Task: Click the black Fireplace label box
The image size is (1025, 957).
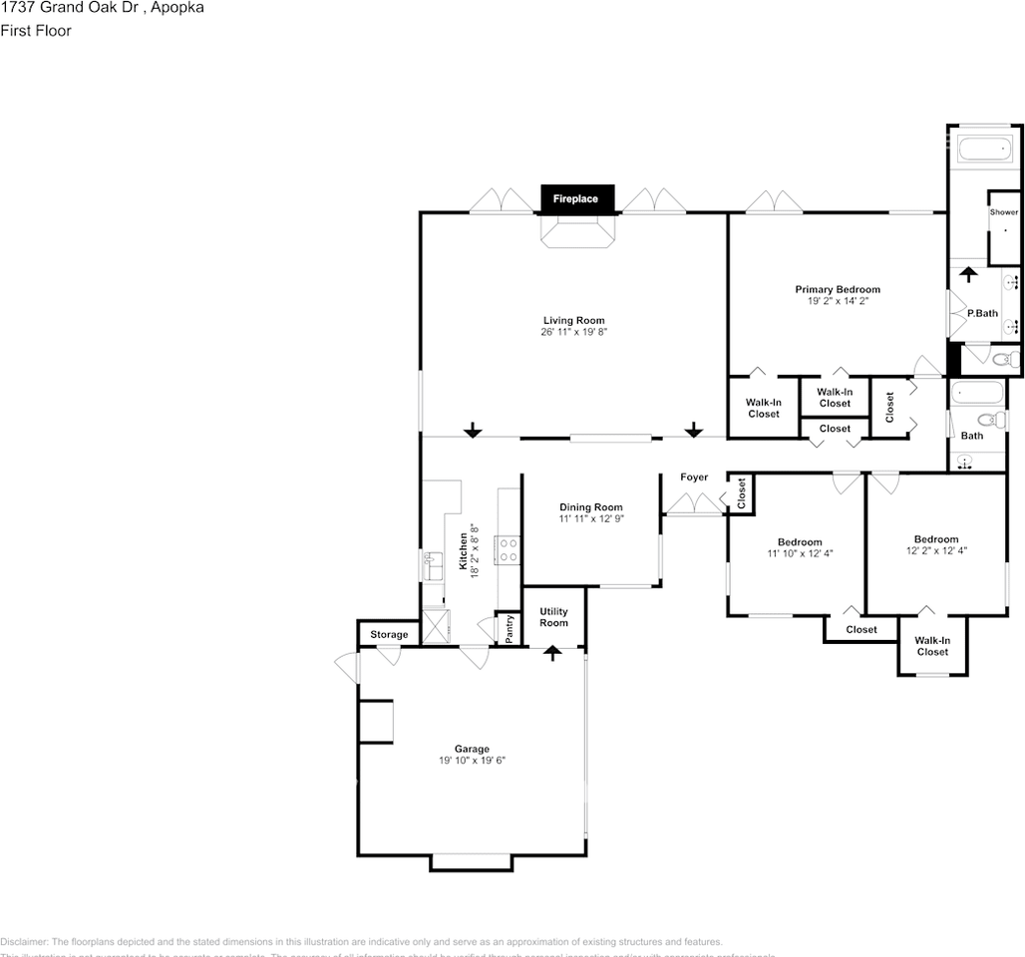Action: (x=576, y=199)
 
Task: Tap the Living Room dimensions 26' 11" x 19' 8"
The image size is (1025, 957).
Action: (x=574, y=333)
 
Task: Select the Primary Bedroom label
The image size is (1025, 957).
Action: (x=838, y=290)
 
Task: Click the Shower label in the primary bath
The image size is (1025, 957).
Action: (x=1003, y=212)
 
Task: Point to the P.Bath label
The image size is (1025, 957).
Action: (x=982, y=313)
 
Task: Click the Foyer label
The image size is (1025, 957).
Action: (x=694, y=478)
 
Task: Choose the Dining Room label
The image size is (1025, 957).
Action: (x=590, y=507)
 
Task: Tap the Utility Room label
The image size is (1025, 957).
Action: (x=553, y=617)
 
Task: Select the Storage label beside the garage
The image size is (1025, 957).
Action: (x=389, y=635)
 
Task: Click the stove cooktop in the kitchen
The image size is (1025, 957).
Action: (x=508, y=549)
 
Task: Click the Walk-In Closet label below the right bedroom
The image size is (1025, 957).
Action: (x=932, y=646)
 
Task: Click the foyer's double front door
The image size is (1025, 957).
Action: (x=694, y=504)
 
